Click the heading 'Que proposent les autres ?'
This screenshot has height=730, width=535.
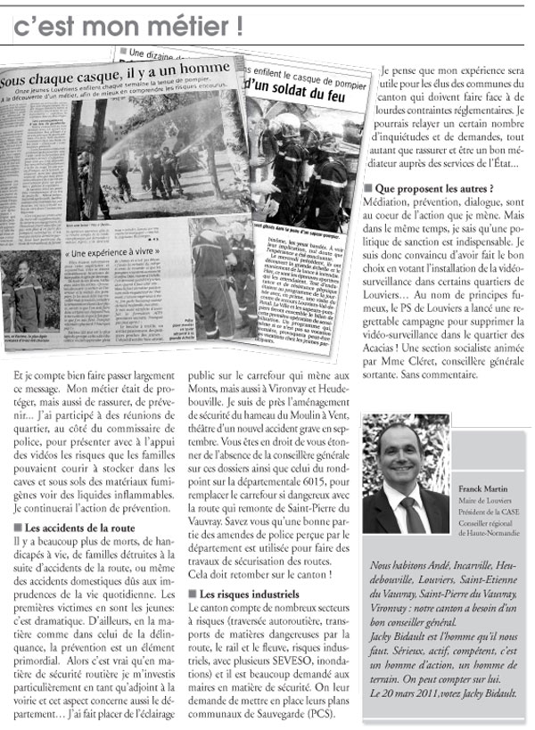coord(433,190)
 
